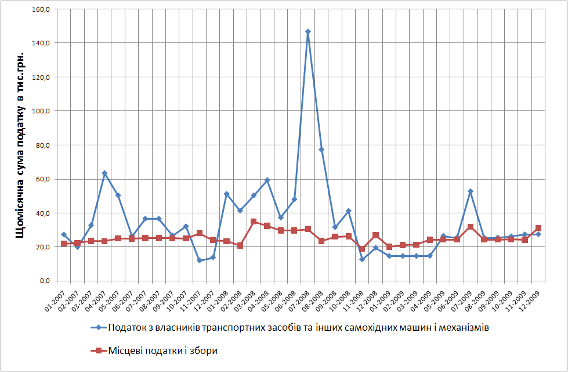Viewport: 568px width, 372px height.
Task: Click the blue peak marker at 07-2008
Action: click(307, 31)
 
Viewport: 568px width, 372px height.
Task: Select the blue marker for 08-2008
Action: click(321, 149)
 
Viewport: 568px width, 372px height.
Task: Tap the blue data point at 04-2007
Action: click(104, 173)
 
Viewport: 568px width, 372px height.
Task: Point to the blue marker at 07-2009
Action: click(471, 191)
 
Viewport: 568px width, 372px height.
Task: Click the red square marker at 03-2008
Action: click(254, 221)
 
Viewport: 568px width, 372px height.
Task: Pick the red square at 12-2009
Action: click(538, 228)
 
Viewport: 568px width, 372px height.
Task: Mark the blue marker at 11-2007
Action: click(200, 260)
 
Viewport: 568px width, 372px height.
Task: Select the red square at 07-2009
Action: click(471, 227)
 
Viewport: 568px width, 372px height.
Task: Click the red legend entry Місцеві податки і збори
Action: click(162, 350)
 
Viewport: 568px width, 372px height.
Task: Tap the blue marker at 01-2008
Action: click(226, 194)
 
